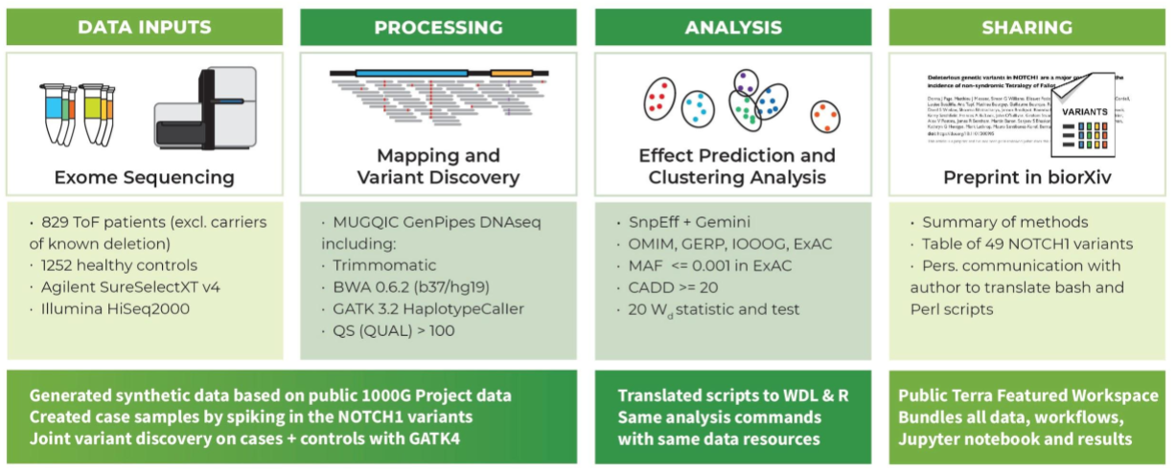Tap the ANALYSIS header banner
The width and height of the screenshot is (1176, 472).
(732, 27)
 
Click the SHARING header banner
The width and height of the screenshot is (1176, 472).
(1026, 27)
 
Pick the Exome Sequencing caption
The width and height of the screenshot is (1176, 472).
(144, 177)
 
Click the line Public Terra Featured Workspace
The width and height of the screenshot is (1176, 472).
(1015, 395)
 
